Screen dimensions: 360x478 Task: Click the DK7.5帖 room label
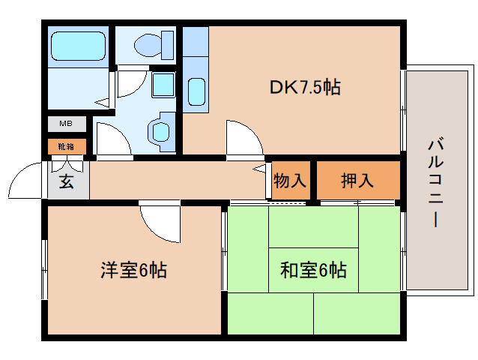click(305, 87)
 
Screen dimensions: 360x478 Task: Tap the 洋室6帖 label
click(133, 269)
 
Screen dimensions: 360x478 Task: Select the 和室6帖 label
click(313, 269)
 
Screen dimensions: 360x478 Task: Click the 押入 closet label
click(357, 181)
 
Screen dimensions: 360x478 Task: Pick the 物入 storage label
click(290, 181)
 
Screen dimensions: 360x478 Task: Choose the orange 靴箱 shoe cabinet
click(67, 146)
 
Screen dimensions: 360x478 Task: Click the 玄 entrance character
click(67, 181)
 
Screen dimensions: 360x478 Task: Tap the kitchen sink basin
click(196, 91)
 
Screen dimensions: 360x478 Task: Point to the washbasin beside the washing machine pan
click(160, 132)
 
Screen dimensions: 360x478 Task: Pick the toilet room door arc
click(127, 82)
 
